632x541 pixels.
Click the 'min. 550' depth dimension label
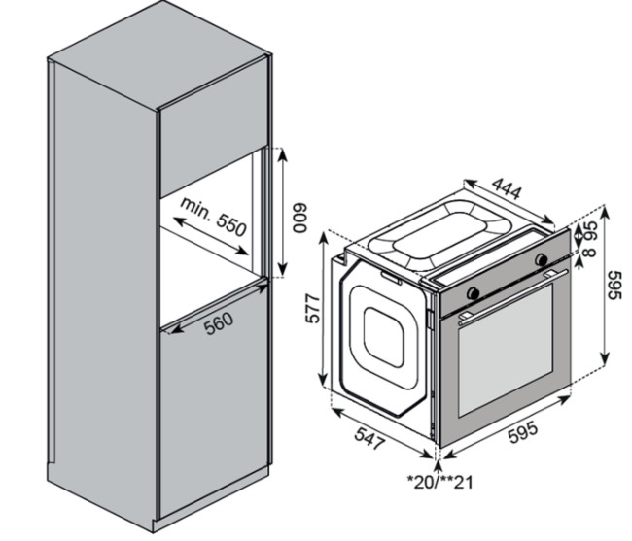[213, 217]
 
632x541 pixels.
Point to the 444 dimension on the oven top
[507, 188]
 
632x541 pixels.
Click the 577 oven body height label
[312, 308]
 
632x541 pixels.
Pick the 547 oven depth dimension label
[369, 438]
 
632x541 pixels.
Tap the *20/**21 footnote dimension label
[439, 482]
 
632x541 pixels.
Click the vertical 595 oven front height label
[614, 285]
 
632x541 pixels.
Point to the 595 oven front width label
[522, 431]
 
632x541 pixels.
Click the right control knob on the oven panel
[541, 259]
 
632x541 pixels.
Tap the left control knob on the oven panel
[473, 293]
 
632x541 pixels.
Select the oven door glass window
[506, 351]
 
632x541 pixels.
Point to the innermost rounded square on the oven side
[384, 337]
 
